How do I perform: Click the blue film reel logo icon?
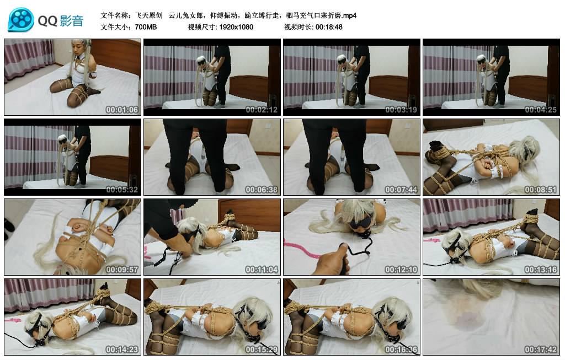click(21, 19)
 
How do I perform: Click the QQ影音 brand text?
click(61, 21)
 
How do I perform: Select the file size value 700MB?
click(146, 27)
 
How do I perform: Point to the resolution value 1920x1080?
click(236, 27)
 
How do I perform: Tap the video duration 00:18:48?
click(329, 27)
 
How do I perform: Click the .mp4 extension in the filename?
click(348, 15)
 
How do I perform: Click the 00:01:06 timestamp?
click(122, 110)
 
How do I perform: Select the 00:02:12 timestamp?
click(262, 110)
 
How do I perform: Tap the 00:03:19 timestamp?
click(401, 110)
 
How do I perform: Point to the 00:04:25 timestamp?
click(541, 110)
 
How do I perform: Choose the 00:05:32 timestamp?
click(122, 190)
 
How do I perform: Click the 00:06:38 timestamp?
click(262, 190)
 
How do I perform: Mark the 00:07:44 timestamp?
click(401, 190)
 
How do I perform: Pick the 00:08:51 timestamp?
click(541, 190)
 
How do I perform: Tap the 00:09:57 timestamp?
click(122, 270)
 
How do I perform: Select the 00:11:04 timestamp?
click(262, 270)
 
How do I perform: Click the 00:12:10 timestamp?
click(401, 270)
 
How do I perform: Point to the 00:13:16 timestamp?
click(541, 270)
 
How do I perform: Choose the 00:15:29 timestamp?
click(262, 350)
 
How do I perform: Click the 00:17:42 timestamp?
click(541, 350)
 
